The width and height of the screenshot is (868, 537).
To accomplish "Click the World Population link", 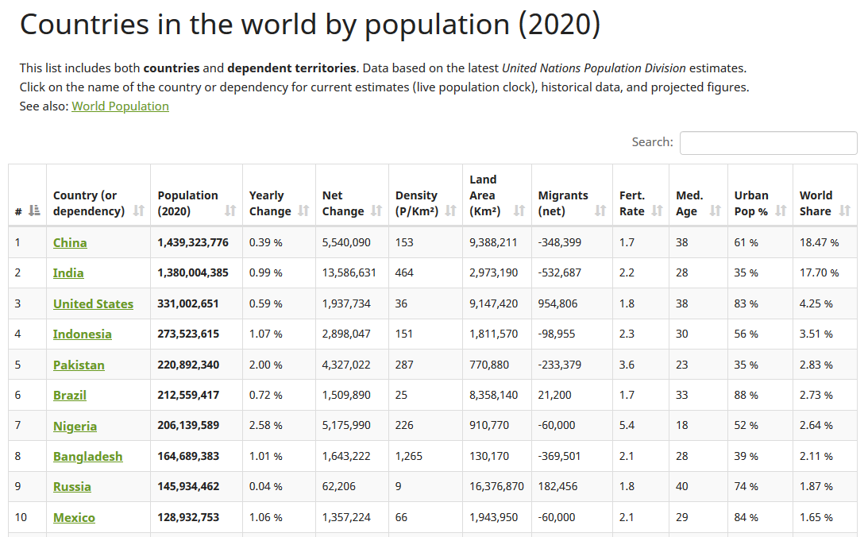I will click(x=120, y=106).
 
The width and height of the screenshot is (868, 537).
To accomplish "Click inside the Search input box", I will click(x=768, y=143).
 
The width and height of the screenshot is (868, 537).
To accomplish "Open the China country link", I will click(x=70, y=243).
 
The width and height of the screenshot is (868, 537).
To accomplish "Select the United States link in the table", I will click(x=93, y=304).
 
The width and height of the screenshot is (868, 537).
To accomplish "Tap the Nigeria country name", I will click(x=75, y=427).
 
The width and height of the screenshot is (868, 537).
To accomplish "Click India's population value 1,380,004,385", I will click(x=193, y=273).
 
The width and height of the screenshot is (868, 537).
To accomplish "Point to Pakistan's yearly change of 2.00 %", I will click(x=266, y=365).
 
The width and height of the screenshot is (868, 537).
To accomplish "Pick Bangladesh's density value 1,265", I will click(x=409, y=457).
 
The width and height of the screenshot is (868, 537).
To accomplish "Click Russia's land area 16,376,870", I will click(x=496, y=487).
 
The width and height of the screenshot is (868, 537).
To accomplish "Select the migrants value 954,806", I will click(x=558, y=304).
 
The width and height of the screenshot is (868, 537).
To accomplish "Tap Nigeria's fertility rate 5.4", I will click(x=627, y=426).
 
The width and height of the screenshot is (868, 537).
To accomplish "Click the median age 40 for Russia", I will click(x=682, y=487).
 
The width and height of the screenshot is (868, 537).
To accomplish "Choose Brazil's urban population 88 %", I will click(x=746, y=396).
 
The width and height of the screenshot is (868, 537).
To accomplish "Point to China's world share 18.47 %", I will click(x=819, y=243).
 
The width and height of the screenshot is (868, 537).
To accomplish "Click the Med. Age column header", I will click(x=689, y=203).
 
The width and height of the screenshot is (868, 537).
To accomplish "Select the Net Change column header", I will click(x=343, y=203).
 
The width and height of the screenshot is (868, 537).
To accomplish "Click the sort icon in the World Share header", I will click(x=844, y=211).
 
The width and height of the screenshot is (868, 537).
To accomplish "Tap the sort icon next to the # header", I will click(x=33, y=211).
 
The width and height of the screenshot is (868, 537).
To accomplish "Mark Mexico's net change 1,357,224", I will click(x=346, y=518).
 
